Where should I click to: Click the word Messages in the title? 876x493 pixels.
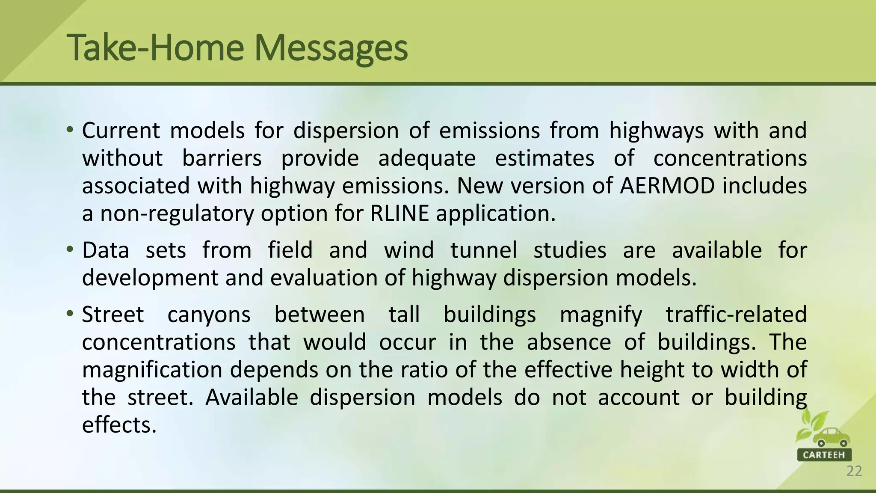tap(331, 48)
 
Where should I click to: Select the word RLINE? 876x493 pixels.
tap(400, 213)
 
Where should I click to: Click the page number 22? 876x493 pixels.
tap(854, 471)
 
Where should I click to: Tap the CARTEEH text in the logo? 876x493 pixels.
tap(824, 454)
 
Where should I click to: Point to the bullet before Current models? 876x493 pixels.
tap(71, 129)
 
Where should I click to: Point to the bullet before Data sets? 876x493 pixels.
tap(71, 249)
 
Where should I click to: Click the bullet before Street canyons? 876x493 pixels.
tap(71, 313)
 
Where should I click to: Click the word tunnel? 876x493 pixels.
tap(484, 250)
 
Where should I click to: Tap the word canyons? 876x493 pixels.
tap(209, 315)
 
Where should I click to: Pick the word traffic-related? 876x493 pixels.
tap(736, 315)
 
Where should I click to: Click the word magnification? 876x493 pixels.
tap(152, 370)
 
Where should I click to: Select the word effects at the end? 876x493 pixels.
tap(119, 425)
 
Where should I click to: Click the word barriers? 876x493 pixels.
tap(222, 158)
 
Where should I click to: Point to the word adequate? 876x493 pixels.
tap(427, 158)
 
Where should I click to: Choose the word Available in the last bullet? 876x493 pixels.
tap(252, 398)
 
